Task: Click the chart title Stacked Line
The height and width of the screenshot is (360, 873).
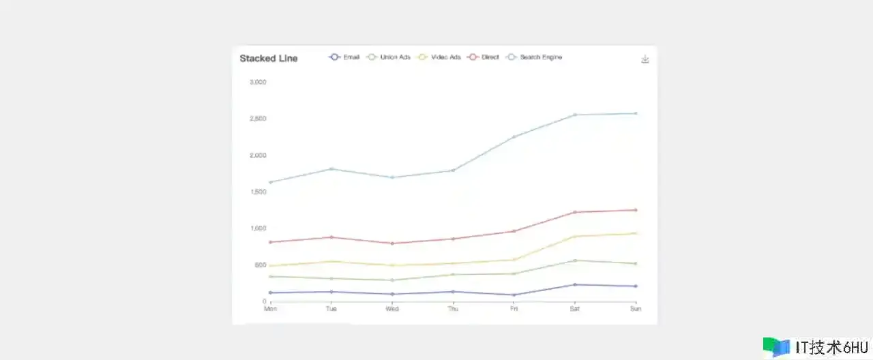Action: point(269,59)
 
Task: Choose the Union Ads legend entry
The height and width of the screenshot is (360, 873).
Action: point(389,57)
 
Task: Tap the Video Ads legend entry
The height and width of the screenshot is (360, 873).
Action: point(439,57)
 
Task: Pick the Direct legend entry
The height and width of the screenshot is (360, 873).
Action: point(484,57)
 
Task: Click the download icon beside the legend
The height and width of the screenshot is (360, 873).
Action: point(645,59)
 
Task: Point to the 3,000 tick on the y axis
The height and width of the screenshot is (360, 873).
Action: point(258,82)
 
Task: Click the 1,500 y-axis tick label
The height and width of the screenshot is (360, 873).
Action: point(258,192)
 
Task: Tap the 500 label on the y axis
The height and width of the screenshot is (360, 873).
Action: point(260,265)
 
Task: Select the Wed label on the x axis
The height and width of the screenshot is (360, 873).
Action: point(392,309)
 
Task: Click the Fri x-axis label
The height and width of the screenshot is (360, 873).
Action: point(514,309)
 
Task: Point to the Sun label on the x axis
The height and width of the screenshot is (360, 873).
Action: point(635,309)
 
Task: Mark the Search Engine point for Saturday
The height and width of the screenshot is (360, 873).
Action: point(575,115)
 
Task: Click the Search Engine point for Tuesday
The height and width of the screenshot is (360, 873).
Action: point(331,168)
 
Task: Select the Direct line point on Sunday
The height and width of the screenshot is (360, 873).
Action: point(636,210)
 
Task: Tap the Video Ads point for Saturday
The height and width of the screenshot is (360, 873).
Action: point(575,237)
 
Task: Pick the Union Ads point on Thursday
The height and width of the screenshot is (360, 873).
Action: point(453,275)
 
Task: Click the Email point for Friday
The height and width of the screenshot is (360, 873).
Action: point(514,295)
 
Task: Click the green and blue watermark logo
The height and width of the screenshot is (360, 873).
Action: point(776,347)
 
